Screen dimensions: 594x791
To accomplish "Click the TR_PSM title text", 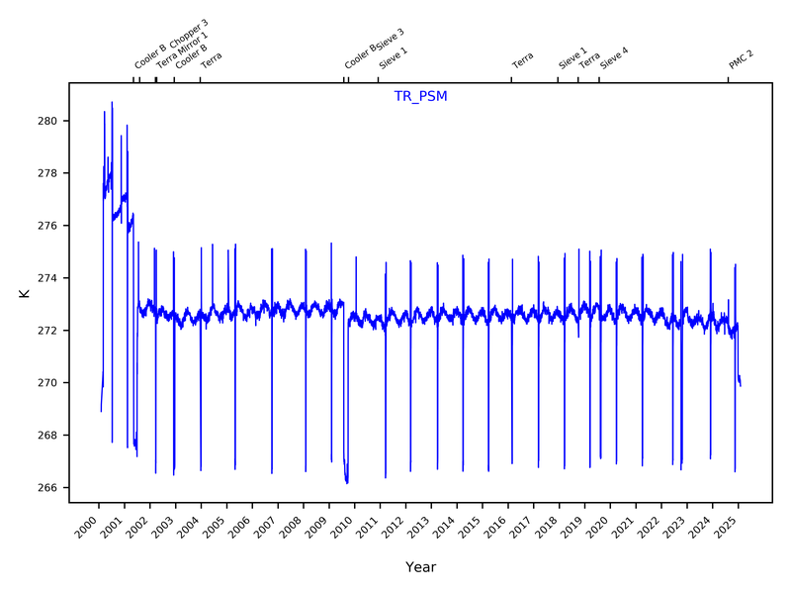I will pyautogui.click(x=420, y=96).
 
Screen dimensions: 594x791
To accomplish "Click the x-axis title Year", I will pyautogui.click(x=420, y=567).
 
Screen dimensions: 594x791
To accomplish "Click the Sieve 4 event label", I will pyautogui.click(x=614, y=56).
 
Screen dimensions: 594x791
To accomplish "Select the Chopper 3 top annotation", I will pyautogui.click(x=188, y=35).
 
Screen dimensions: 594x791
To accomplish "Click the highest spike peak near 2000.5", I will pyautogui.click(x=112, y=102).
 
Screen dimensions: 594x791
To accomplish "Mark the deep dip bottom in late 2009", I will pyautogui.click(x=346, y=482).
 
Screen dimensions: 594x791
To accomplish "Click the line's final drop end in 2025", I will pyautogui.click(x=741, y=385).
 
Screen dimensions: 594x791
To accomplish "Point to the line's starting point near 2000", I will pyautogui.click(x=101, y=411).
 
